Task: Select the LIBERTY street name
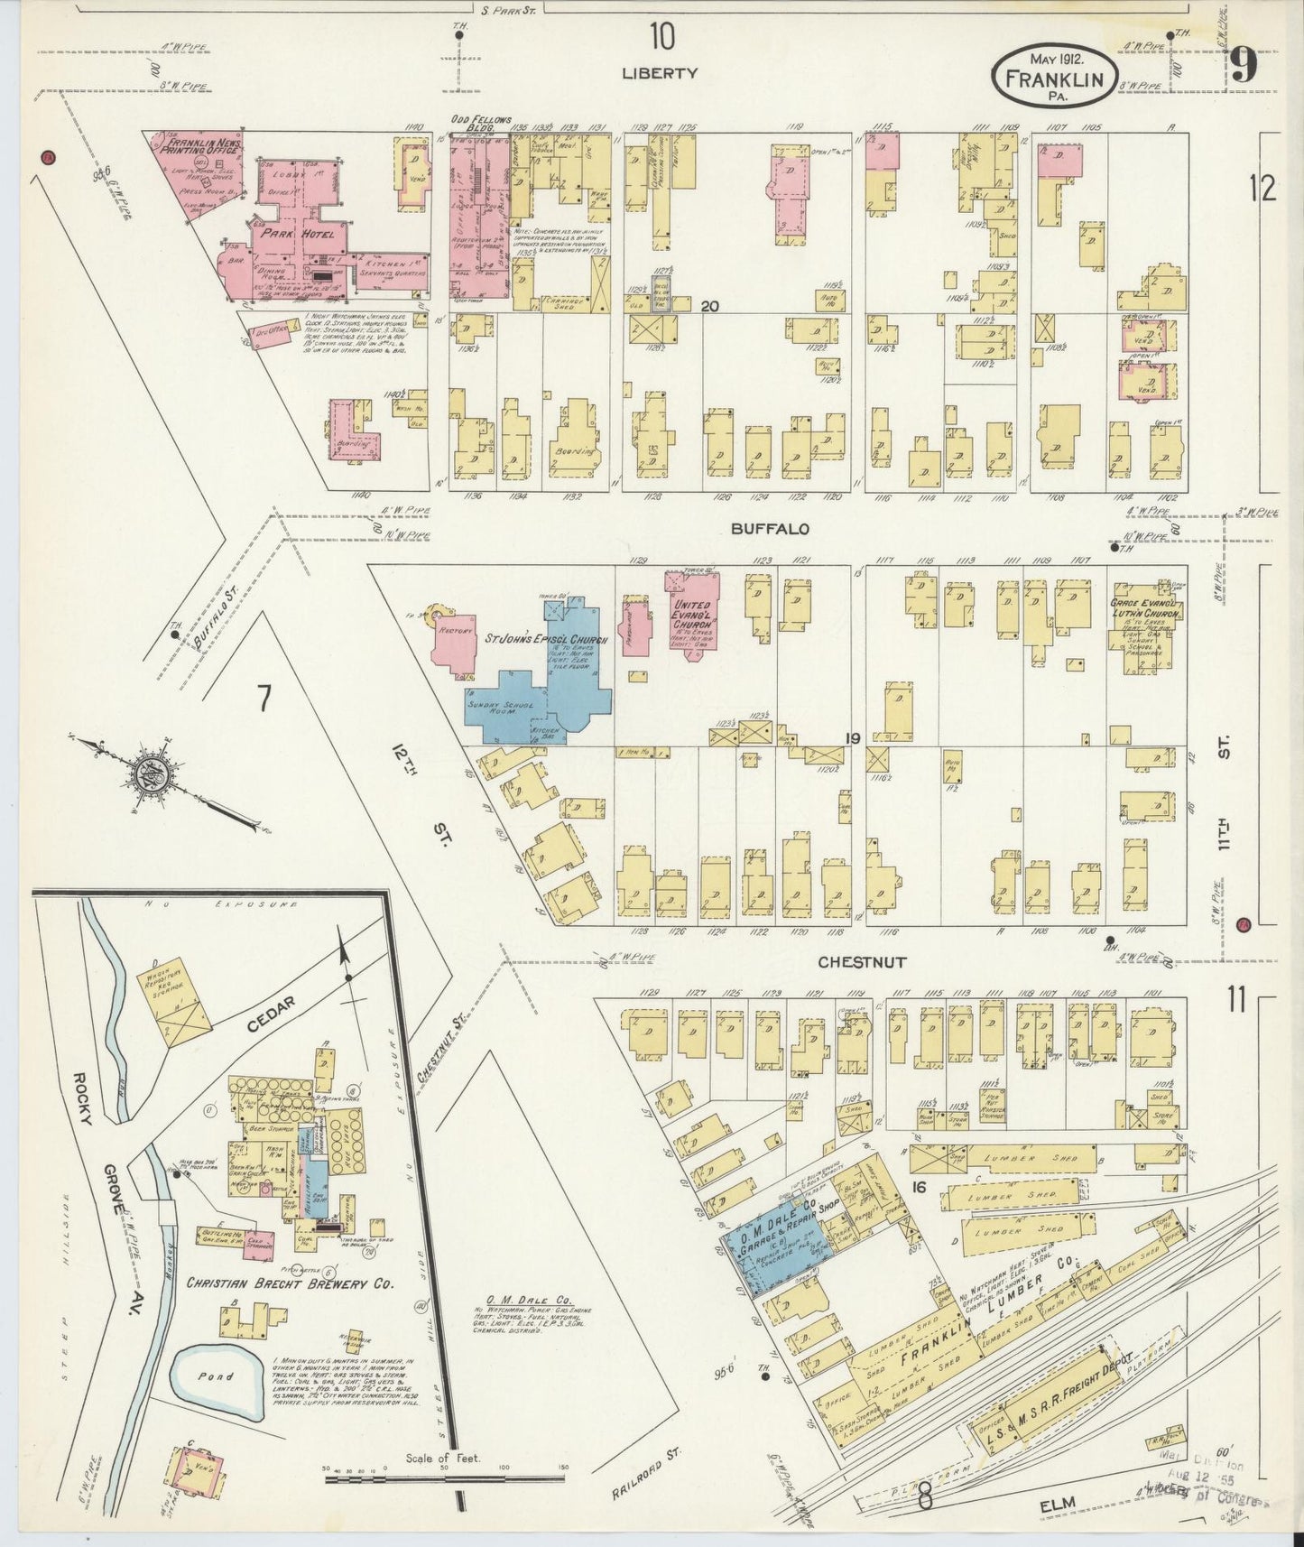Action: click(x=660, y=73)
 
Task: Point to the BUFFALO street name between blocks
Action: click(x=776, y=530)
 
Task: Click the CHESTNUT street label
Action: click(x=862, y=963)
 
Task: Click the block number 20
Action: click(x=709, y=307)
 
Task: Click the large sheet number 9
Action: click(x=1244, y=65)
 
